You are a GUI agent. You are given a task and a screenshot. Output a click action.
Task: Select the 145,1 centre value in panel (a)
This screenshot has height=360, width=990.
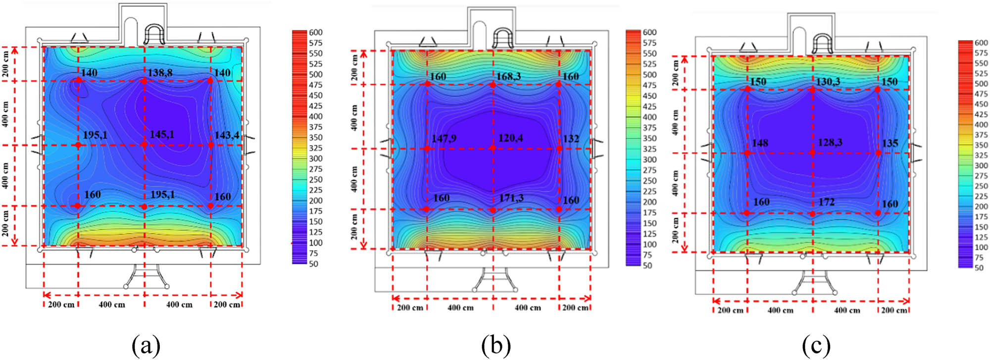tap(162, 135)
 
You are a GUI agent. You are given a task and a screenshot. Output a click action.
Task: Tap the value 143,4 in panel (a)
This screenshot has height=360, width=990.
tap(227, 135)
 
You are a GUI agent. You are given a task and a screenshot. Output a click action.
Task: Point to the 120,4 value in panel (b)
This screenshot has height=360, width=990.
tap(510, 138)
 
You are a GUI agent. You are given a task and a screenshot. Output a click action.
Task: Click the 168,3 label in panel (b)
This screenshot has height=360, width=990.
tap(508, 76)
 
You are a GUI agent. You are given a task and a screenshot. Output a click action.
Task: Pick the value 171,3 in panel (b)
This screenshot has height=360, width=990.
tap(511, 198)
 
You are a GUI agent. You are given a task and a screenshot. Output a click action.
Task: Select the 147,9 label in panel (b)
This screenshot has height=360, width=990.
tap(444, 139)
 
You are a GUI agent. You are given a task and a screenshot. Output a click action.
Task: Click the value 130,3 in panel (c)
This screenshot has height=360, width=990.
tap(828, 82)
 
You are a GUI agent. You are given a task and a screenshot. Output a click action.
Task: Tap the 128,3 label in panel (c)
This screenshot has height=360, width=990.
tap(830, 143)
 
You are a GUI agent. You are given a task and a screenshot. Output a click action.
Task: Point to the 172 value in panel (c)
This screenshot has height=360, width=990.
tap(826, 202)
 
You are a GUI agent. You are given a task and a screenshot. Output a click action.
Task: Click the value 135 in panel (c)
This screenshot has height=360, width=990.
tap(890, 143)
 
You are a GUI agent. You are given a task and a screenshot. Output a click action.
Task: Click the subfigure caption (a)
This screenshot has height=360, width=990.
tap(146, 345)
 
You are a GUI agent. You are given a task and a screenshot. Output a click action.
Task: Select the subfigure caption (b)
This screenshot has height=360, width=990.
tap(496, 345)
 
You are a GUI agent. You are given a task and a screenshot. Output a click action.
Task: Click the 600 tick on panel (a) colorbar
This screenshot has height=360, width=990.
tap(315, 33)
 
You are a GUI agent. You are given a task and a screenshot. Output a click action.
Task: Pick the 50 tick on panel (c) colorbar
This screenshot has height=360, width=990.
tap(979, 268)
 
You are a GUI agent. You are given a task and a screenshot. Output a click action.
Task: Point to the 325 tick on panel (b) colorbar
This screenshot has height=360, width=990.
tap(649, 149)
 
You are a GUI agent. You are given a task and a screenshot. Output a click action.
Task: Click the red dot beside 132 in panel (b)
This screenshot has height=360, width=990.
tap(559, 148)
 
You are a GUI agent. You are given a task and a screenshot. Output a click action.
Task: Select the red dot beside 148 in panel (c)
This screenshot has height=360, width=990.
tap(747, 153)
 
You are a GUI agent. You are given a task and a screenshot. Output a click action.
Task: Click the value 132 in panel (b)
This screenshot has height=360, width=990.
tap(571, 139)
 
